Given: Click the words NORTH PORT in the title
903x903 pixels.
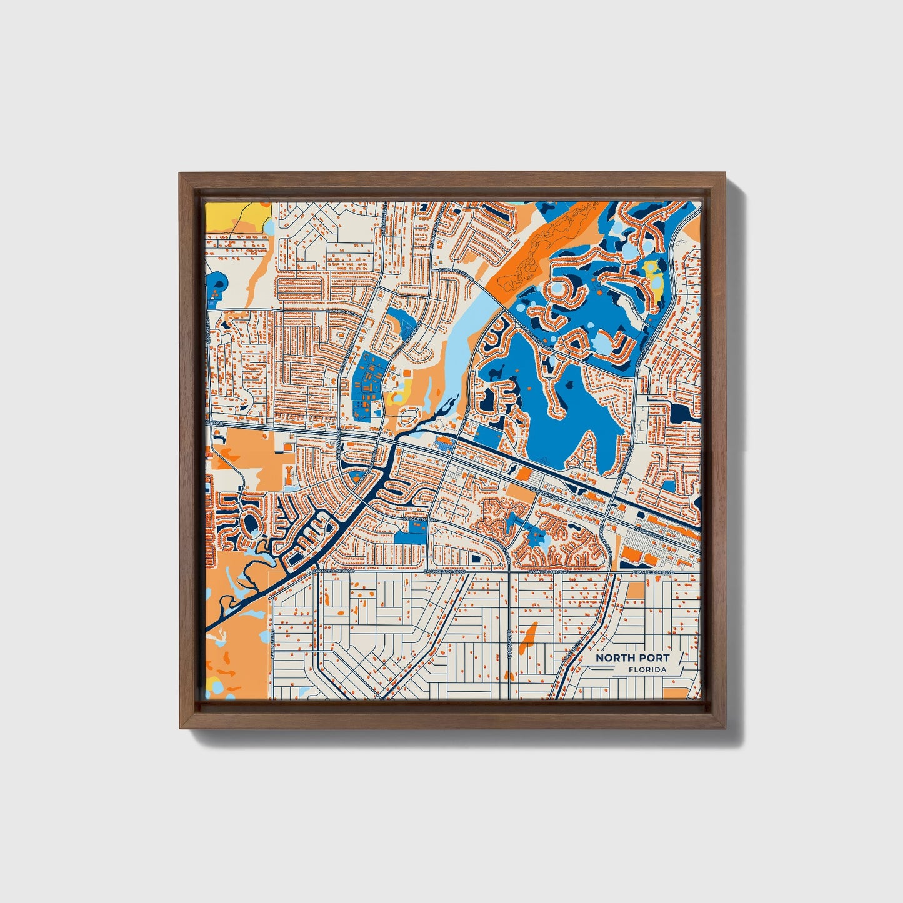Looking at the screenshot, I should [x=632, y=657].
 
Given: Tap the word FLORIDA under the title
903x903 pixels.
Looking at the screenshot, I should [x=648, y=670].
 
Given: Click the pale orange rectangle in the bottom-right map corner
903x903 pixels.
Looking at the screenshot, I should [x=673, y=692].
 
